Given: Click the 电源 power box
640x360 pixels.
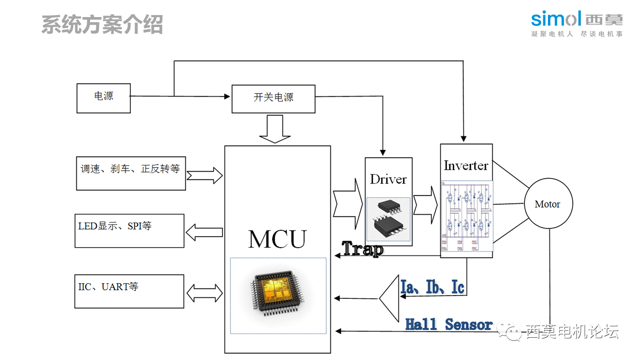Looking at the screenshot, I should click(103, 98).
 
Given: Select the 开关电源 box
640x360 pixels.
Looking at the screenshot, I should click(273, 99).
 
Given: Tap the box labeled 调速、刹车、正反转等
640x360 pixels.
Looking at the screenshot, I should click(131, 173).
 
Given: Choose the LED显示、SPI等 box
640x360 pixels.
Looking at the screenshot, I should click(129, 231).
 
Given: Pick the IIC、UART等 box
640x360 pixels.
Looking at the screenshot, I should click(129, 291).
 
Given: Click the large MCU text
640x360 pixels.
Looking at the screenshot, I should click(277, 239).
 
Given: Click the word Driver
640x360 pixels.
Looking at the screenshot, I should click(388, 179).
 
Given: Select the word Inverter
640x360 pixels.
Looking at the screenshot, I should click(466, 166).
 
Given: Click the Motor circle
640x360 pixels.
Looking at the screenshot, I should click(548, 204).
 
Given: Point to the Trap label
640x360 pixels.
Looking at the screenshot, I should click(363, 249).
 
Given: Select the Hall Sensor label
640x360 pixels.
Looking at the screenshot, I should click(448, 324).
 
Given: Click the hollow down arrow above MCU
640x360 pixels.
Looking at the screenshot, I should click(274, 129).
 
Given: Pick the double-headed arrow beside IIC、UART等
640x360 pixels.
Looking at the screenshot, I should click(204, 293).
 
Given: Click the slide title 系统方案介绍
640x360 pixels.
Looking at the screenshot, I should click(102, 24).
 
